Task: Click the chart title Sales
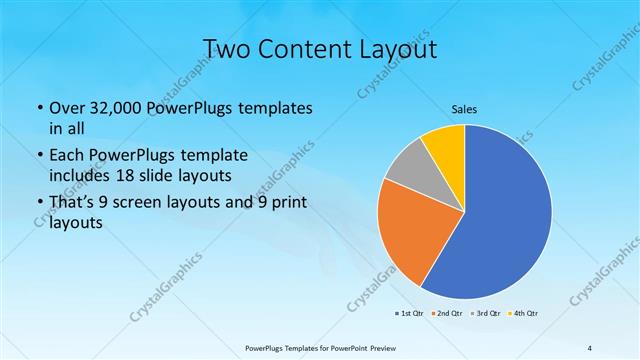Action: (x=464, y=108)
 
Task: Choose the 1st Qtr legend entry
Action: (x=408, y=314)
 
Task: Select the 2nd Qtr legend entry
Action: (x=446, y=314)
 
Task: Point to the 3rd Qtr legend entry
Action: (x=486, y=314)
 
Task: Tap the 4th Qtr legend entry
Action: (x=525, y=314)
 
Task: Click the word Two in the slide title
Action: (x=227, y=48)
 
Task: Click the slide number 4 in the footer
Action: (x=589, y=347)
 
